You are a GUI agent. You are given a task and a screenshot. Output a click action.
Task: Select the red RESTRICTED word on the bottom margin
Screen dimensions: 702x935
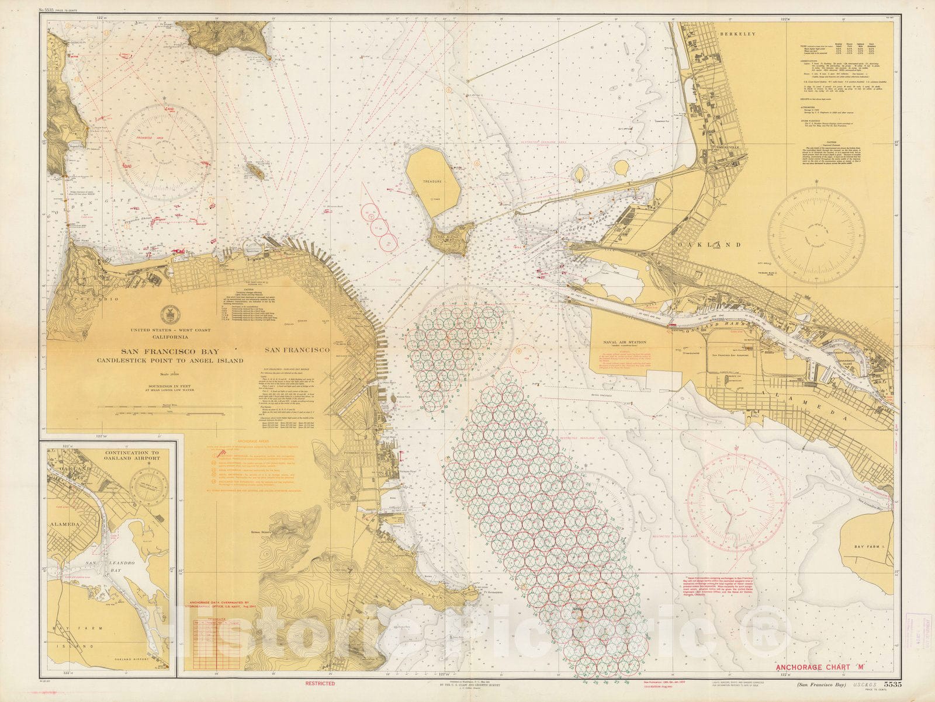tap(320, 683)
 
